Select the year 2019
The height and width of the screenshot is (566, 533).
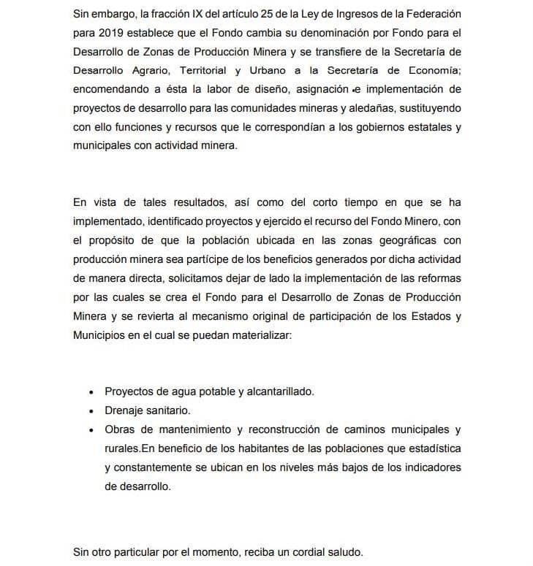click(x=110, y=34)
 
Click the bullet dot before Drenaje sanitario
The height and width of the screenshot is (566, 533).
click(x=91, y=411)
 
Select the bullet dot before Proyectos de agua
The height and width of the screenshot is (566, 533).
click(x=91, y=392)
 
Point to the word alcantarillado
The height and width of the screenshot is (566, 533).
click(x=278, y=391)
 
